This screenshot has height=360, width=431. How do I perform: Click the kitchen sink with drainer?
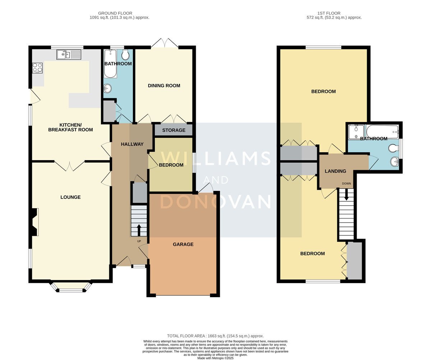point(69,55)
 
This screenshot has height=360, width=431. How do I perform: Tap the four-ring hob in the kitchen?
point(37,68)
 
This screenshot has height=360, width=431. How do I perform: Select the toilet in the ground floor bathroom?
point(125,55)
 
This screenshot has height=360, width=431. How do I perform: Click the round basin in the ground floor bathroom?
point(107,89)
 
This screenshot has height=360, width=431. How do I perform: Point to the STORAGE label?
point(173,130)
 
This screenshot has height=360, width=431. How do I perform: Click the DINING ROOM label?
point(164,86)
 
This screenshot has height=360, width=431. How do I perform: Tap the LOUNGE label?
point(70,197)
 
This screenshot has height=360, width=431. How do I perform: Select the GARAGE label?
point(183,244)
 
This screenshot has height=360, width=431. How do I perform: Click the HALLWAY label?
point(132,144)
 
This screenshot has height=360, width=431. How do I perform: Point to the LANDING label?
point(335,171)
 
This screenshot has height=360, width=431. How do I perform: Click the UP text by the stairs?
point(139,241)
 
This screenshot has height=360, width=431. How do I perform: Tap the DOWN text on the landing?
point(346,183)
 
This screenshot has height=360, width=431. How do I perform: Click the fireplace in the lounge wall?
point(34,222)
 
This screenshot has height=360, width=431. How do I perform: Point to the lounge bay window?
point(71,287)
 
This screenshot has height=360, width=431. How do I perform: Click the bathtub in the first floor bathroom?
point(383,132)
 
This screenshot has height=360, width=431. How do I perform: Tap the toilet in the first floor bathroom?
point(393,148)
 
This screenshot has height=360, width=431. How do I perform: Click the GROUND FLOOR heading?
point(115,13)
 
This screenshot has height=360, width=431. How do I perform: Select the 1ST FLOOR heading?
point(329,13)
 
